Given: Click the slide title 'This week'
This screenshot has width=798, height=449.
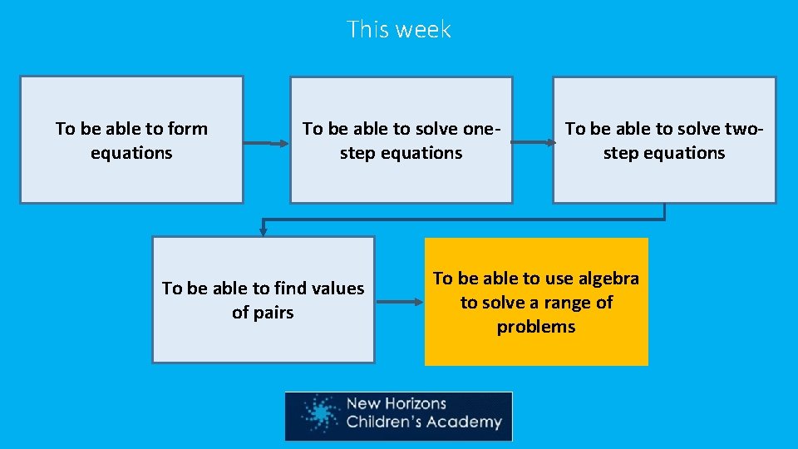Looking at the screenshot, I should pos(398,30).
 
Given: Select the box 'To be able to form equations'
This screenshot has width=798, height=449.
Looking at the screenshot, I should pos(131,140).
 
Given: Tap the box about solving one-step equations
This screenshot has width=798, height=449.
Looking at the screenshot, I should pos(401,140).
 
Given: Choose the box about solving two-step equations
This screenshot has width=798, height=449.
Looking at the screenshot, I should pos(664,140).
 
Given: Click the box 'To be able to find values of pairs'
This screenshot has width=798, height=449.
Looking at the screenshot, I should pos(263,299).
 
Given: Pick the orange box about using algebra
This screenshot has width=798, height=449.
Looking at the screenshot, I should pos(536,302).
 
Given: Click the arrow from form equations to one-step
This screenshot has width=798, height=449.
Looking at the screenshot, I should pos(266,143).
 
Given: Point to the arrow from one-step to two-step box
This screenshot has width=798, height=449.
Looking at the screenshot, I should pos(533,142).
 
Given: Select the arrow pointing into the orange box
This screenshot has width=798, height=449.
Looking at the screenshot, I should pos(400,302).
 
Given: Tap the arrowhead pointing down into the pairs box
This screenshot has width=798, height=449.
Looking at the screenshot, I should pos(264,230).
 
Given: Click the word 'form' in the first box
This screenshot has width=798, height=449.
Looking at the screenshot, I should pos(188,129).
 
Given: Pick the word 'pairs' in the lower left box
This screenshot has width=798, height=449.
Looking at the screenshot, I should pos(263,313).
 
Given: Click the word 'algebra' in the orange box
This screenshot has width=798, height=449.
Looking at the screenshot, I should pos(608,279).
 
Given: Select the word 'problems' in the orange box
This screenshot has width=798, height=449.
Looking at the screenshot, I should pos(536,327).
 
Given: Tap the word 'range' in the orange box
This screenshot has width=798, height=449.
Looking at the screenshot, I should pos(560,303).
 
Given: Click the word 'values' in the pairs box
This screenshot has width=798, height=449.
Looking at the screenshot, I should pos(337,289).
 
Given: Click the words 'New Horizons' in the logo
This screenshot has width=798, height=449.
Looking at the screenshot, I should pos(396,404).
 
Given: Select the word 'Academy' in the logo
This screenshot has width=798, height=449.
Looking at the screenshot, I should pos(469,422).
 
